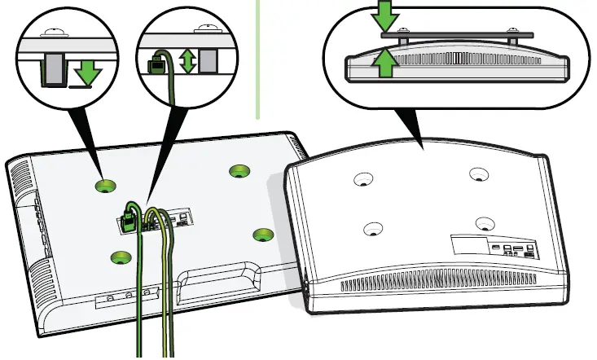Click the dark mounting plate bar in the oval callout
tap(456, 34)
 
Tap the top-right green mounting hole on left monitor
tap(239, 170)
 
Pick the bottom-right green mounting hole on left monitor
tap(262, 235)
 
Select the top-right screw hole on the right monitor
tap(477, 173)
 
